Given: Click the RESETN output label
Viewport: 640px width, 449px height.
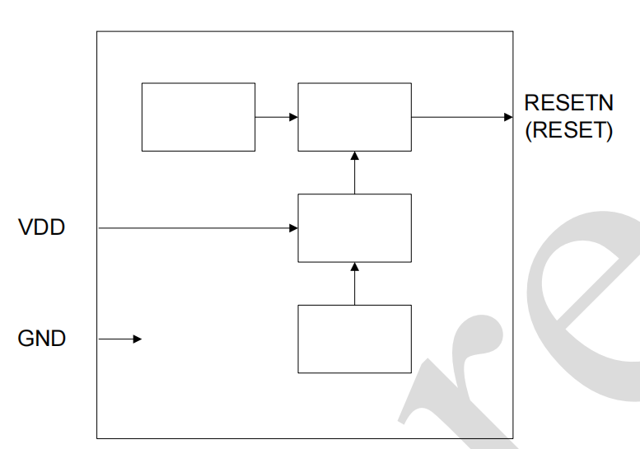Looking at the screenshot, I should click(568, 104).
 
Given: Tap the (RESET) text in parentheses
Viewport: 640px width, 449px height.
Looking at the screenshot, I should click(568, 131).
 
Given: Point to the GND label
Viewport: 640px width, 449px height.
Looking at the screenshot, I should click(41, 339).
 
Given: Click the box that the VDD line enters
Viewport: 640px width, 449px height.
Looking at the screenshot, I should click(354, 228).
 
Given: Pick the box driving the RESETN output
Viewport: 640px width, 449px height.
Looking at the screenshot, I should click(354, 117).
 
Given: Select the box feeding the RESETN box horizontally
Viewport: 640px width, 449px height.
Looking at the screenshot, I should click(199, 117).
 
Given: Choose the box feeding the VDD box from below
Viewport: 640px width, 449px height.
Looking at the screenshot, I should click(354, 339).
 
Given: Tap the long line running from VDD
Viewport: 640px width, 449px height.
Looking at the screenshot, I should click(198, 228).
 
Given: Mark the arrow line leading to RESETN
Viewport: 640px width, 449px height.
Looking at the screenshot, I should click(461, 117).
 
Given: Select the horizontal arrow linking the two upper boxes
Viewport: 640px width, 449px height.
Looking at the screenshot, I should click(276, 117).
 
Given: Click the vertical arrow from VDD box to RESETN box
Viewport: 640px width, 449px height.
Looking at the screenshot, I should click(354, 173).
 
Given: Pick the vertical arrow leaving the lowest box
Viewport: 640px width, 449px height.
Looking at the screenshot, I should click(354, 284).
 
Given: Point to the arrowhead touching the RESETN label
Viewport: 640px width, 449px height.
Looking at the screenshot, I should click(508, 117).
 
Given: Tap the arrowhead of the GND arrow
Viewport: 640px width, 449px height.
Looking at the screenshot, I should click(138, 339).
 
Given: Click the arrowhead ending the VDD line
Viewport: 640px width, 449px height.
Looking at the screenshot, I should click(293, 228).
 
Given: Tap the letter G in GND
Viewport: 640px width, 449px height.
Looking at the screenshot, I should click(25, 339).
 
